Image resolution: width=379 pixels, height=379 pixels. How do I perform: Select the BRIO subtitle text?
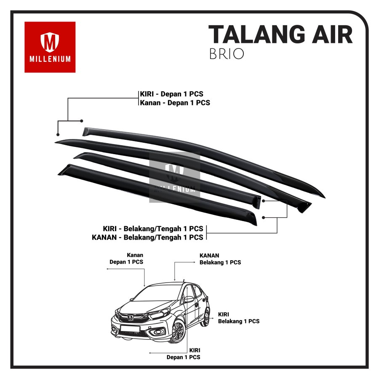coord(226,54)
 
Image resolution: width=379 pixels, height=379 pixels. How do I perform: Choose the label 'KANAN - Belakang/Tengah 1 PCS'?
coord(147,237)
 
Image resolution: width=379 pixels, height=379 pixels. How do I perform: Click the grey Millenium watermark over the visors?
coord(174,177)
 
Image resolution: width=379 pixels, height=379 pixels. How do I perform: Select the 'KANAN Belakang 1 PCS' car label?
coord(220,259)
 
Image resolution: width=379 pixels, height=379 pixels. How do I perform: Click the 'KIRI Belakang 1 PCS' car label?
coord(238,318)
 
